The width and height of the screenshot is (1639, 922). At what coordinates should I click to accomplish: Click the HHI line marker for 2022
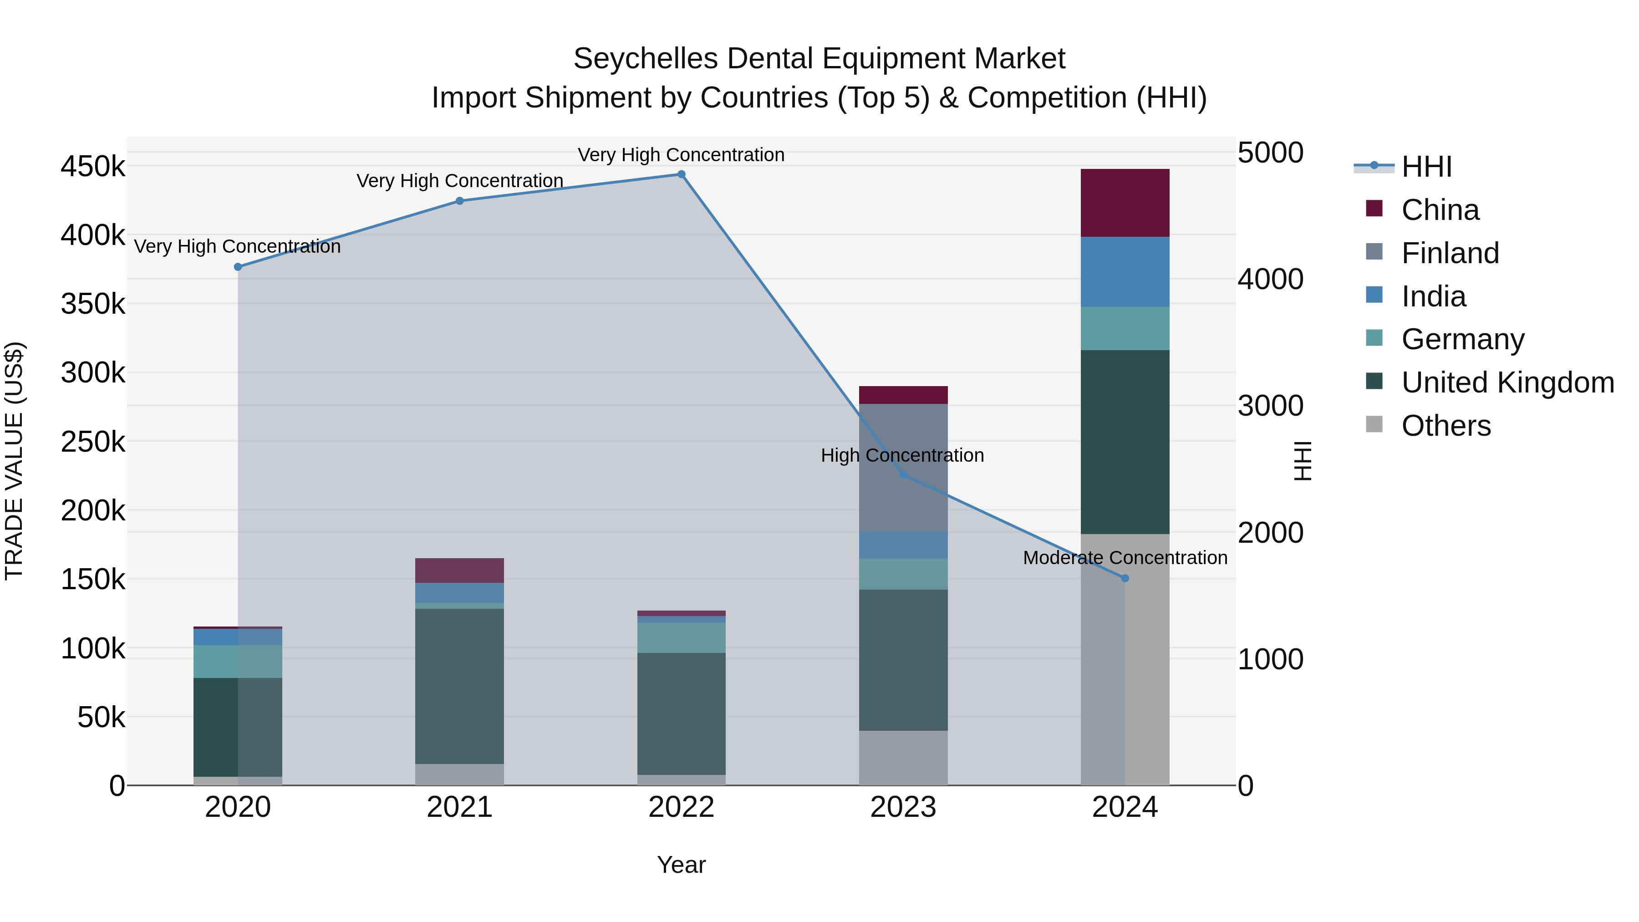[x=681, y=174]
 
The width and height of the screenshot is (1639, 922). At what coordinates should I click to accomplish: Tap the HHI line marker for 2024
[x=1124, y=578]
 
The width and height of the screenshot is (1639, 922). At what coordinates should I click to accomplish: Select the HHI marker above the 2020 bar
[x=238, y=267]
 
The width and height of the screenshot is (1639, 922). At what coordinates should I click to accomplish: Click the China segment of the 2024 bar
[x=1124, y=203]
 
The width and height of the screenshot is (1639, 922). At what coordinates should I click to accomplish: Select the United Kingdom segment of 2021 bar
[x=459, y=686]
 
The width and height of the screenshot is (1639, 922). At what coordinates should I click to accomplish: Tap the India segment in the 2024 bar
[x=1124, y=272]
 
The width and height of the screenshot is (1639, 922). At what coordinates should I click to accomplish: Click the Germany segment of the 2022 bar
[x=681, y=637]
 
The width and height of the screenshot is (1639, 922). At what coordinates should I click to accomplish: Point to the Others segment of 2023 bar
[x=903, y=758]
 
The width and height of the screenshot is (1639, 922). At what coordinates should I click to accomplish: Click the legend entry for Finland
[x=1450, y=253]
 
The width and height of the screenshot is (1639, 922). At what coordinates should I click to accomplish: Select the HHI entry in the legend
[x=1426, y=167]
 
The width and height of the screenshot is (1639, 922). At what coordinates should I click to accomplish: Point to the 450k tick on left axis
[x=93, y=167]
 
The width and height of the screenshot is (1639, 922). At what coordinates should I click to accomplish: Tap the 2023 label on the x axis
[x=903, y=807]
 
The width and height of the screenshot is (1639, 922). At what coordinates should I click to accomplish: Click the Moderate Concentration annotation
[x=1124, y=558]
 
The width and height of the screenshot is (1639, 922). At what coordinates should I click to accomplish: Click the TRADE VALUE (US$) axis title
[x=14, y=461]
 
